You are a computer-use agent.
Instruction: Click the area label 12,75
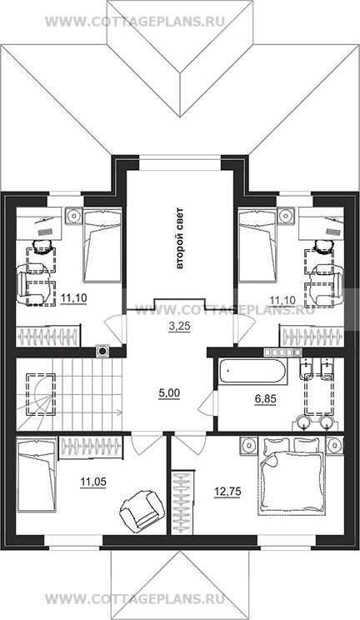coord(227,492)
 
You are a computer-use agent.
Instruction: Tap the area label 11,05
coord(93,482)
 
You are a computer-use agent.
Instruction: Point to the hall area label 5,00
coord(169,393)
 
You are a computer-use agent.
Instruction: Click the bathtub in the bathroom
coord(251,372)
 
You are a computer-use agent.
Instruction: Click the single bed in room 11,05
coord(37,473)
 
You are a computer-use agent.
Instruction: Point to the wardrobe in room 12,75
coord(183,502)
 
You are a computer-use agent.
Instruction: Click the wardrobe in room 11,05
coord(92,447)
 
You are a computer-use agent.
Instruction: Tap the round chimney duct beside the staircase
coord(102,350)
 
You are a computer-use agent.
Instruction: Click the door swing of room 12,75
coord(189,444)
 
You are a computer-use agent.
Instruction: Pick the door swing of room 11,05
coord(147,444)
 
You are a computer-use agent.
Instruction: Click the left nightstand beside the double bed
coord(249,444)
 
